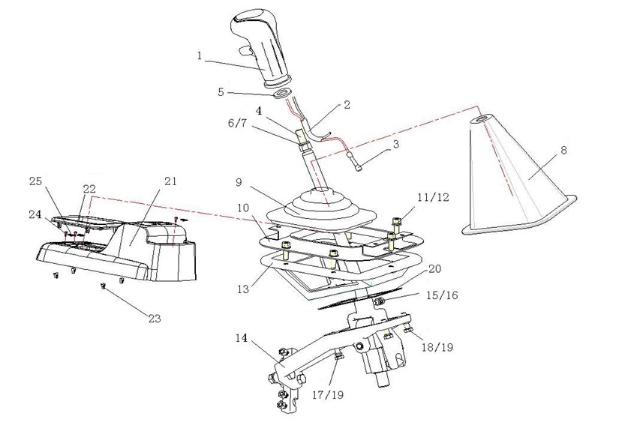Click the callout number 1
200,55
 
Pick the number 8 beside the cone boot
563,150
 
